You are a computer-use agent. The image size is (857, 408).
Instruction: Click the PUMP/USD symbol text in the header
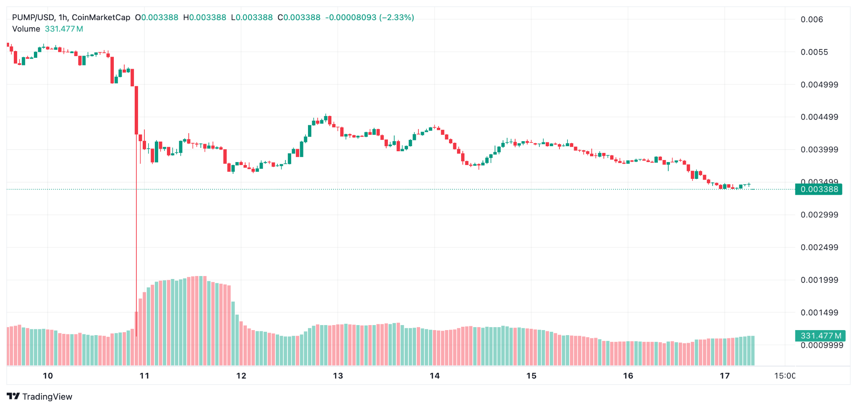coord(33,18)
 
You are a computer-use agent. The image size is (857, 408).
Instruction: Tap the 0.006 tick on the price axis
coord(811,20)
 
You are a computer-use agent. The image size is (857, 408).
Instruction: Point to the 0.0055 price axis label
coord(814,52)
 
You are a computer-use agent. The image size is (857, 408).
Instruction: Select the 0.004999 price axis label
coord(819,85)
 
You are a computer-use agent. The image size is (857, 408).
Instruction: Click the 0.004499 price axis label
coord(819,117)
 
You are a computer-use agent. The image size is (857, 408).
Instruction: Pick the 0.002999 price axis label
coord(819,215)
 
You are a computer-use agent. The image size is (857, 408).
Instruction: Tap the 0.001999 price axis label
coord(819,280)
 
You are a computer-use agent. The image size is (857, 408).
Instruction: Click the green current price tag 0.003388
coord(819,189)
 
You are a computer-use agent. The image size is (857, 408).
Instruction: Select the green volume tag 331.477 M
coord(820,336)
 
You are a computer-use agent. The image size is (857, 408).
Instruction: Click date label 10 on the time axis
coord(48,376)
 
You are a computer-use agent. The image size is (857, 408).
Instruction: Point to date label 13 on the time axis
coord(338,376)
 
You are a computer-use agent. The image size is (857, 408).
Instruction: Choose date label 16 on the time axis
coord(628,376)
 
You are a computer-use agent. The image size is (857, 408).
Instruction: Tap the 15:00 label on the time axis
coord(785,376)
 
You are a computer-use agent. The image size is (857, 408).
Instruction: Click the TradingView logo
coord(40,397)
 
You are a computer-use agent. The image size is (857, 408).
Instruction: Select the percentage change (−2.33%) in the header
coord(396,18)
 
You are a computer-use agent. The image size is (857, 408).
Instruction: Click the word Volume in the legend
coord(26,29)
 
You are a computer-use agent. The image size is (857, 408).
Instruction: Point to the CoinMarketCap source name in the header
coord(101,18)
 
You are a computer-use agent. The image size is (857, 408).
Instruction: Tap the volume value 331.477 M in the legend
coord(64,29)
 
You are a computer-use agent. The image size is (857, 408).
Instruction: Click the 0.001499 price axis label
coord(819,312)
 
